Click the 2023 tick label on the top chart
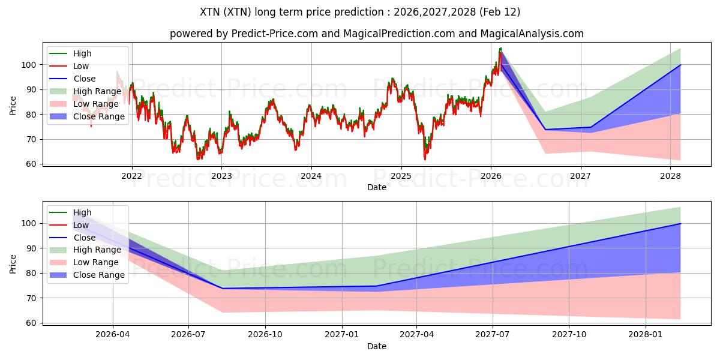coord(221,176)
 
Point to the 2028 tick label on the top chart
coord(670,176)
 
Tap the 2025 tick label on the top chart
coord(401,176)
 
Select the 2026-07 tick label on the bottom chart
coord(188,335)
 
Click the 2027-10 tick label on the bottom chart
coord(569,335)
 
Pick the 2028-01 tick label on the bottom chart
coord(646,335)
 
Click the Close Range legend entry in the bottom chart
coord(99,275)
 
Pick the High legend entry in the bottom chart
coord(83,212)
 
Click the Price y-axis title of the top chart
coord(13,105)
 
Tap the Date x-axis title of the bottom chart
coord(376,346)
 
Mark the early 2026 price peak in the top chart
coord(500,48)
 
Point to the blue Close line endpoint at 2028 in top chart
coord(680,65)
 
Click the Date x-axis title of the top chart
coord(376,187)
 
